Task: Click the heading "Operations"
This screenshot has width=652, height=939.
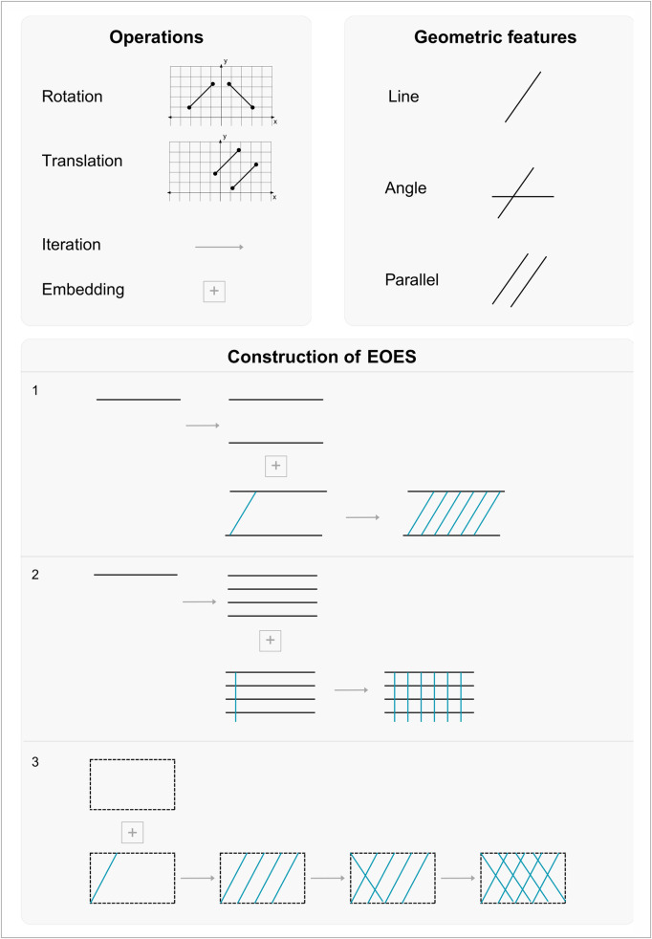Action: click(x=156, y=37)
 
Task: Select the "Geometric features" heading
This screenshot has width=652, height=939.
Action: click(x=495, y=37)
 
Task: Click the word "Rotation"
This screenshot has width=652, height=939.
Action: click(x=72, y=97)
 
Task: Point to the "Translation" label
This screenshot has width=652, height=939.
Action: click(x=82, y=161)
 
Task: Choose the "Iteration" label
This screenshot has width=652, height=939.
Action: click(x=72, y=245)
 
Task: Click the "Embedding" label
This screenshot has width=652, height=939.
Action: click(x=83, y=290)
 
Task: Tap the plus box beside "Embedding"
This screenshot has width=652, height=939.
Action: click(x=214, y=292)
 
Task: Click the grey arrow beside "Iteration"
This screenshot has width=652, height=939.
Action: click(x=219, y=247)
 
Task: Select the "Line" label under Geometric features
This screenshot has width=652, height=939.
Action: click(x=403, y=97)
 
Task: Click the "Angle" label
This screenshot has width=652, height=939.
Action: click(x=406, y=188)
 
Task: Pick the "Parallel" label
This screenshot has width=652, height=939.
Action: click(x=412, y=279)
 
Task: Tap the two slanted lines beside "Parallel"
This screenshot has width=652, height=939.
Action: click(x=520, y=280)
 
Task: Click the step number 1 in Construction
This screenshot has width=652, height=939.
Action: click(x=36, y=390)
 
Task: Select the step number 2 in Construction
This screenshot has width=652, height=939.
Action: click(x=36, y=575)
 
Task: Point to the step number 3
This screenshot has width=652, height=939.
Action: click(x=36, y=764)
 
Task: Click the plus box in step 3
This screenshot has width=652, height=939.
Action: click(x=132, y=833)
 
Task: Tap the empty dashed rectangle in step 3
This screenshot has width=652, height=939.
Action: click(x=90, y=784)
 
